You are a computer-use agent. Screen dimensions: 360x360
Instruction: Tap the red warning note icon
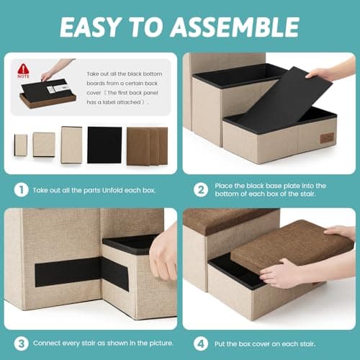pos(23,71)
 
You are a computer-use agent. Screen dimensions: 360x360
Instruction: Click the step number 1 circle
pos(22,190)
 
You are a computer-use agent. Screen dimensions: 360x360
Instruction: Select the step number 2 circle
pos(201,190)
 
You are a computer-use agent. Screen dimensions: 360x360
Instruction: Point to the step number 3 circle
pos(22,343)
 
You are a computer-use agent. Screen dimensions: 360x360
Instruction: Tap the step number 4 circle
pos(201,343)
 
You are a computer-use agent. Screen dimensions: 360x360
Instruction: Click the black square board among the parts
pos(104,145)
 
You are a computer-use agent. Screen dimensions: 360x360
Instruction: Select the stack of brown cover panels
pos(147,146)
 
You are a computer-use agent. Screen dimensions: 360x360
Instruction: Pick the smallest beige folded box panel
pos(21,145)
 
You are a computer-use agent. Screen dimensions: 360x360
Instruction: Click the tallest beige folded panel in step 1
pos(71,145)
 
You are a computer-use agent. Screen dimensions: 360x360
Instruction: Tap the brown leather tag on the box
pos(327,138)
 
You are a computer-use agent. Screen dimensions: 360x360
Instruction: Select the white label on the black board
pos(57,89)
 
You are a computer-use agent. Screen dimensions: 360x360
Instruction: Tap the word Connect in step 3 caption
pos(47,343)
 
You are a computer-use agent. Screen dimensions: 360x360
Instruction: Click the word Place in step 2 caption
pos(223,186)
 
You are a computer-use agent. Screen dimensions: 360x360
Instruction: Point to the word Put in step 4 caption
pos(220,344)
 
